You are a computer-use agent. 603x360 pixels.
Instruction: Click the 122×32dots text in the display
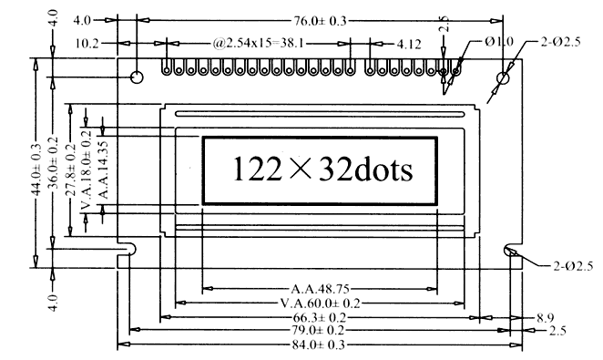click(x=323, y=170)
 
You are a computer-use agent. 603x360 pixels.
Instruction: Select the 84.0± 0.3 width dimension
click(x=319, y=345)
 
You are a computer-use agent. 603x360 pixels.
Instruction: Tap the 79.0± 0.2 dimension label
click(x=319, y=331)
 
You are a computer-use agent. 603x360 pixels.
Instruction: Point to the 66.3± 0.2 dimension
click(x=320, y=318)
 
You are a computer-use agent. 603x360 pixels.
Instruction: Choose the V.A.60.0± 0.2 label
click(x=321, y=303)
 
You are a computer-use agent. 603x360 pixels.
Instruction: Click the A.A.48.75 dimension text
click(x=320, y=289)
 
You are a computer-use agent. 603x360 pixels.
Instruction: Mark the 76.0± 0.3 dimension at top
click(x=321, y=21)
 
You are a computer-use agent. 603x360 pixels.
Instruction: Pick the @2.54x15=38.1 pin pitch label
click(x=258, y=43)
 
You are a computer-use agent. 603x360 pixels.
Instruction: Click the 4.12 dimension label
click(x=409, y=45)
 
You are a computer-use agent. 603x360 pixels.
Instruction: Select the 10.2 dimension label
click(x=87, y=44)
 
